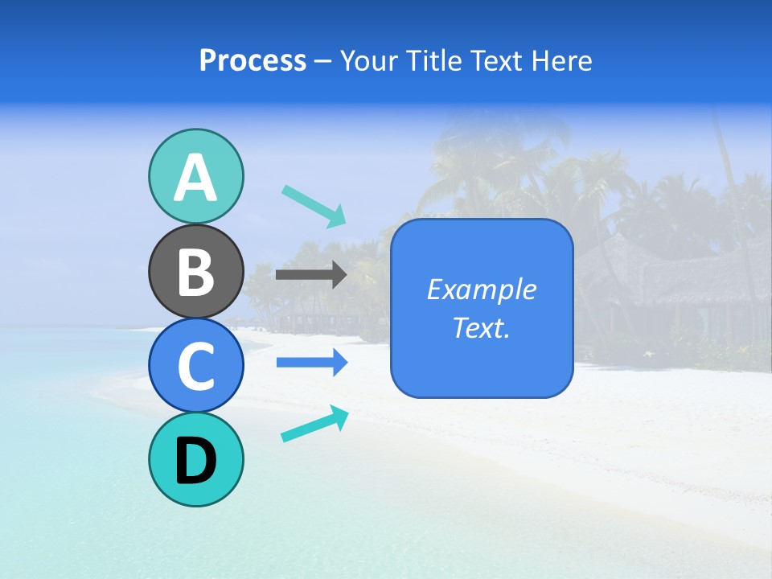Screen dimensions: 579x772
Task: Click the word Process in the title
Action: tap(253, 61)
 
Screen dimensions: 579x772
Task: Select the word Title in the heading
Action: tap(436, 61)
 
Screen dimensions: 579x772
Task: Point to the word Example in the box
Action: tap(481, 289)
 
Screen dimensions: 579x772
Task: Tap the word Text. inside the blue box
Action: tap(481, 328)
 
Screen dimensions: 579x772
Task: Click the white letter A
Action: tap(195, 179)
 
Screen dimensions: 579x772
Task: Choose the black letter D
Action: tap(195, 462)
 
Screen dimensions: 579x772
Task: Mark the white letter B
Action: tap(195, 272)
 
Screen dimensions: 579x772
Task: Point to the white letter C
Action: tap(195, 366)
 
